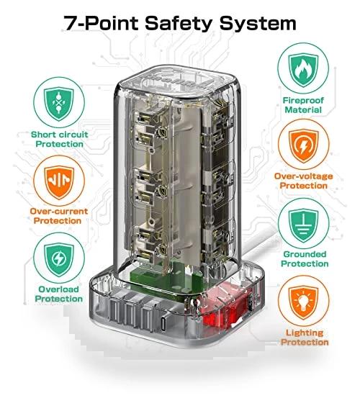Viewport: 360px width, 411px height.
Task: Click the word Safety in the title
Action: pos(179,23)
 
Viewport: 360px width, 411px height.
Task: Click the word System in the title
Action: pos(258,23)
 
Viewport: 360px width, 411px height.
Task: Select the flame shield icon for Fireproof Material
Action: pos(303,69)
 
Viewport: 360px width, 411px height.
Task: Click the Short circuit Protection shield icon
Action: pos(59,104)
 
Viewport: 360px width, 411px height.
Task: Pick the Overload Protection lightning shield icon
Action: pos(59,259)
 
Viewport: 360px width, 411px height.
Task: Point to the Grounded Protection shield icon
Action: pos(303,225)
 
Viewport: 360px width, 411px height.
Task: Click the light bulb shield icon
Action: pos(303,302)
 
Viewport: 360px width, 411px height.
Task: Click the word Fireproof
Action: pos(303,100)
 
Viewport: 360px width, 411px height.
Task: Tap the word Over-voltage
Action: pos(303,176)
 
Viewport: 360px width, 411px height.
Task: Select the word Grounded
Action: pos(305,254)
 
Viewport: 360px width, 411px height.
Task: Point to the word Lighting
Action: pos(305,333)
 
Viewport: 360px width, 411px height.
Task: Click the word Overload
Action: pos(59,289)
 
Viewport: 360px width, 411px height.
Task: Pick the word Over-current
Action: pos(59,212)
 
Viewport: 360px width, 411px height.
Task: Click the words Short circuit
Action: pos(60,135)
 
